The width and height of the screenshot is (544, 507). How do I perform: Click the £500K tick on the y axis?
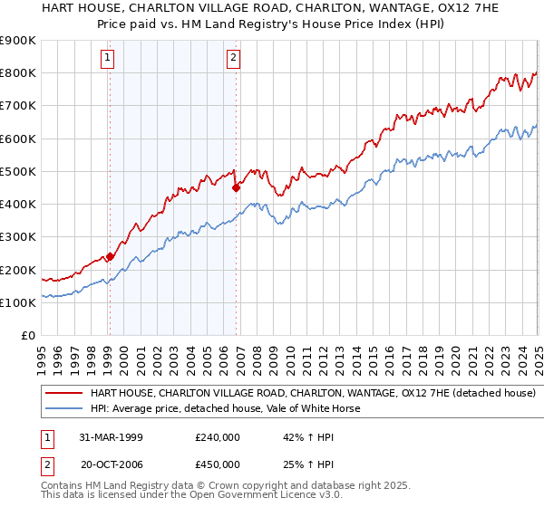[18, 171]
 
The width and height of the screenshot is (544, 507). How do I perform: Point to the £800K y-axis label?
[18, 72]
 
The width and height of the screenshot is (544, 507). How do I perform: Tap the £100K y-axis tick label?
[18, 302]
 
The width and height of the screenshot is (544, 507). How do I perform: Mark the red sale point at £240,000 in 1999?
[111, 256]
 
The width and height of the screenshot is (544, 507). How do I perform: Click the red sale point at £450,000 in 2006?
[236, 188]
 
